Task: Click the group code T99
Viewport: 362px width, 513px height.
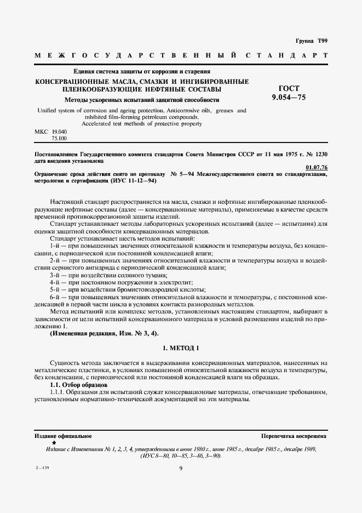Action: click(320, 41)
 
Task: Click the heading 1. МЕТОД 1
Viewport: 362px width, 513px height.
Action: click(181, 348)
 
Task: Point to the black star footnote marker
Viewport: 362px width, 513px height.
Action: click(54, 442)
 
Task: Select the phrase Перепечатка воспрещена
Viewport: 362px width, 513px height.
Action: click(294, 436)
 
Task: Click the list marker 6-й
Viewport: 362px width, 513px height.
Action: click(55, 297)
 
